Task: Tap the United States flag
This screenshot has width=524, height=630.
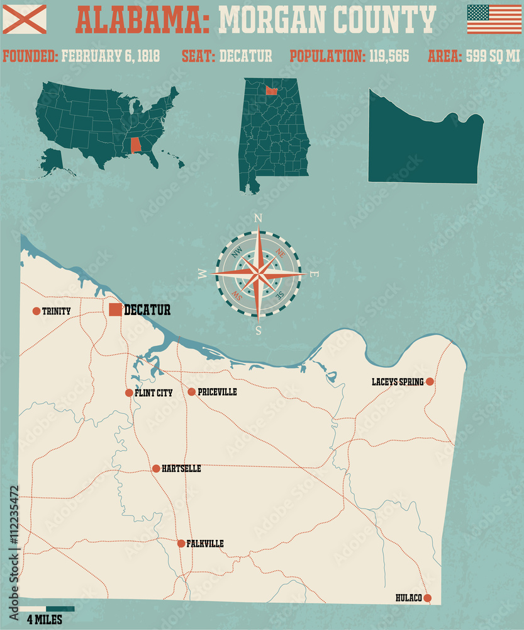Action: point(494,19)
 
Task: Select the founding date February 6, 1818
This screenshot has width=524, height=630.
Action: point(111,56)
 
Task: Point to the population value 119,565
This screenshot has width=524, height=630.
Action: point(388,56)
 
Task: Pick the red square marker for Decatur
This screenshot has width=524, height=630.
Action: point(115,309)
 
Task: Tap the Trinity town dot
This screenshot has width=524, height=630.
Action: point(36,311)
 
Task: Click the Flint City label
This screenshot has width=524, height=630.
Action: point(153,392)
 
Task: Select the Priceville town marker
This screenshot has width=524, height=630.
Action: point(192,392)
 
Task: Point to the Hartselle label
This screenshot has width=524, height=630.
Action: point(181,469)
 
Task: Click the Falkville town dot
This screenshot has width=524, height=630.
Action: point(181,543)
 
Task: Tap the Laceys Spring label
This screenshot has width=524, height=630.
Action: point(398,382)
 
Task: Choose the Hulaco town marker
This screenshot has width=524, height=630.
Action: point(428,598)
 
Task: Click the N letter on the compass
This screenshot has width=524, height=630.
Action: point(258,219)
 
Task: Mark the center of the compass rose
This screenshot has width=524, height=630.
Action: point(258,274)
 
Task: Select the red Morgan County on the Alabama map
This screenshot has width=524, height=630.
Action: point(271,91)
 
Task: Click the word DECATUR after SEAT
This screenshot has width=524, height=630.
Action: point(245,56)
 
